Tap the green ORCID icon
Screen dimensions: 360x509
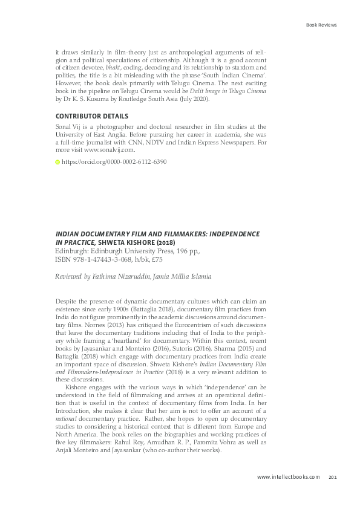(57, 163)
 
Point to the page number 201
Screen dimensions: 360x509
(332, 477)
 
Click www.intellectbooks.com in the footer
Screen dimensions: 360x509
(288, 477)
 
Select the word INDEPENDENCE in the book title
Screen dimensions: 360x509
(226, 233)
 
